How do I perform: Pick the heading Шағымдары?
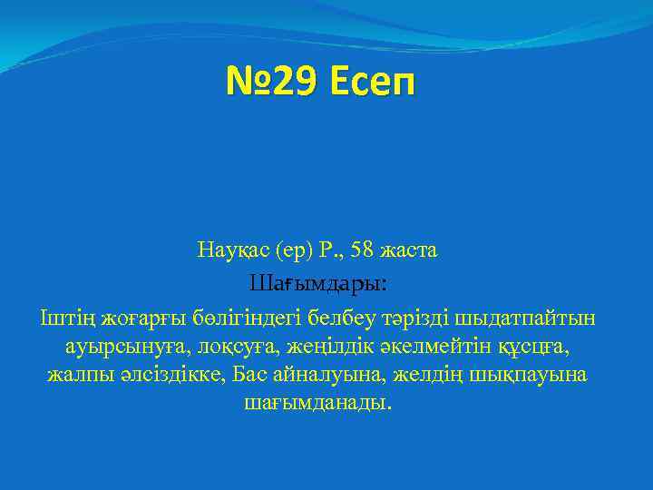pos(318,284)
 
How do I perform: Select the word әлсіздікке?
pos(167,374)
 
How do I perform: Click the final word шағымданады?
pos(318,402)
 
